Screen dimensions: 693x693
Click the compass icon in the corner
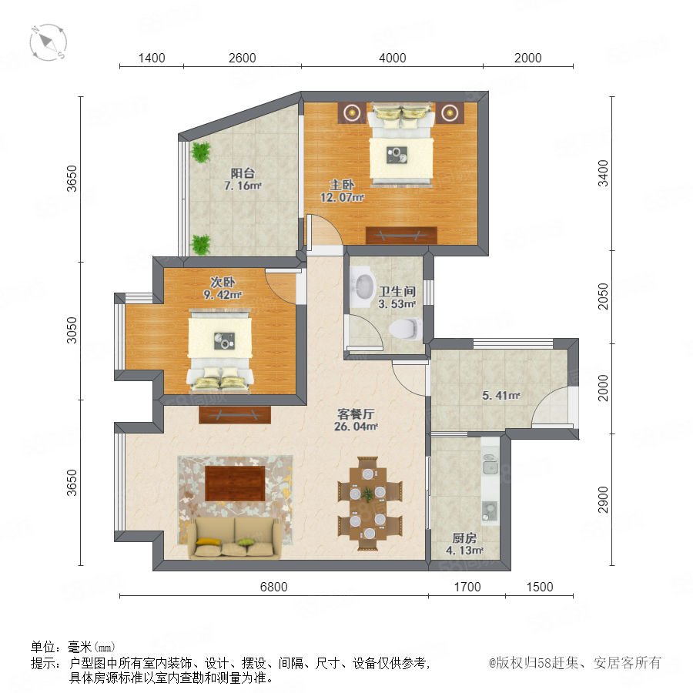pyautogui.click(x=48, y=42)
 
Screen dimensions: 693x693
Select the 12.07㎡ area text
pyautogui.click(x=342, y=198)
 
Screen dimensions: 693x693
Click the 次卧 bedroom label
pyautogui.click(x=223, y=282)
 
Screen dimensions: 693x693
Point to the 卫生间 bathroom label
pyautogui.click(x=397, y=292)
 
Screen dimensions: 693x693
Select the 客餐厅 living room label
pyautogui.click(x=356, y=414)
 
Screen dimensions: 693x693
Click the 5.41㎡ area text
pyautogui.click(x=500, y=396)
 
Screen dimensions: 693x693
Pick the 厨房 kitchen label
pyautogui.click(x=464, y=538)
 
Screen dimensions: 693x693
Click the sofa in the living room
pyautogui.click(x=234, y=537)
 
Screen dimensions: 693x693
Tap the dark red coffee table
pyautogui.click(x=235, y=484)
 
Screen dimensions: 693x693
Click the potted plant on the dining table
pyautogui.click(x=368, y=494)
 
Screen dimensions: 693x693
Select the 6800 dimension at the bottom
pyautogui.click(x=273, y=587)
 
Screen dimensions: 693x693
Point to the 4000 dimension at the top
pyautogui.click(x=393, y=58)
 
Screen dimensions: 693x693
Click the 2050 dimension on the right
pyautogui.click(x=603, y=296)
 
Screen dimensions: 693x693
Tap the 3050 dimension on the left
pyautogui.click(x=72, y=330)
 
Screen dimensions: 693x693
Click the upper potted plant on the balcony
pyautogui.click(x=201, y=152)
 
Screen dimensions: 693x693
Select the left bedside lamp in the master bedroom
pyautogui.click(x=352, y=112)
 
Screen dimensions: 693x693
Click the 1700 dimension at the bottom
pyautogui.click(x=467, y=587)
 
